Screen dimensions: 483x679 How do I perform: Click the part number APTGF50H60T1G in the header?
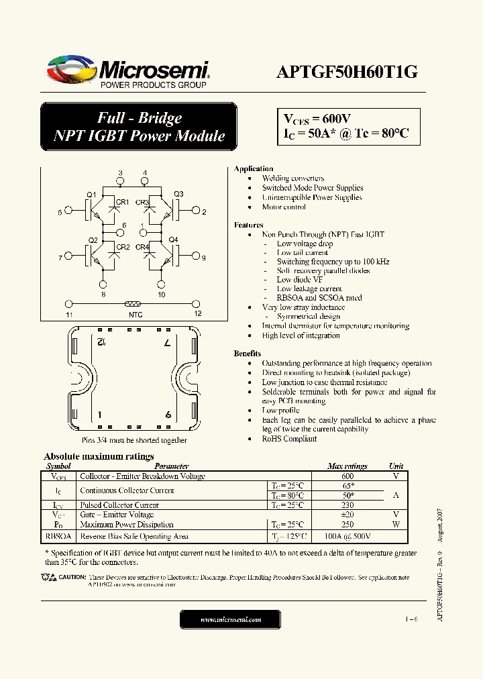point(347,72)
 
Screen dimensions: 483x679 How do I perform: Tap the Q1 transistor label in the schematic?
point(91,195)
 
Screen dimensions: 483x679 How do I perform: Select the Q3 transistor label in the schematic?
point(178,195)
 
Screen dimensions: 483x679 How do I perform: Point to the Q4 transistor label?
point(173,240)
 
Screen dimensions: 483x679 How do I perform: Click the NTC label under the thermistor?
point(136,314)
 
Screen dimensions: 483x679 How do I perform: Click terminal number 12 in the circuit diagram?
point(197,313)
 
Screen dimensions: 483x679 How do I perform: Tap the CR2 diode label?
point(123,247)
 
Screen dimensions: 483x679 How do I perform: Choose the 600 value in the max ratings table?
point(347,476)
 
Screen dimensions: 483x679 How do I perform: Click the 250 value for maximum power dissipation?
point(347,525)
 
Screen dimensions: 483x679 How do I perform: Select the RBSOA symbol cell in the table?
point(58,536)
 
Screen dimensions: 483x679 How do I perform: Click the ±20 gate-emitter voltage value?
point(347,515)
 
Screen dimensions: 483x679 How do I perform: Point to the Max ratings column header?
point(347,466)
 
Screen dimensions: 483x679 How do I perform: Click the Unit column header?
point(396,466)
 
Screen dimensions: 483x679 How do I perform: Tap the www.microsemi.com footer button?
point(230,619)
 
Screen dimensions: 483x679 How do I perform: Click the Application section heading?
point(254,168)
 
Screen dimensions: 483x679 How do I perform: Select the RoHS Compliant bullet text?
point(290,439)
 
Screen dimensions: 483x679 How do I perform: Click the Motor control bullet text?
point(284,207)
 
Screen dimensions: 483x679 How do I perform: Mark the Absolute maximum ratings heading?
point(99,457)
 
